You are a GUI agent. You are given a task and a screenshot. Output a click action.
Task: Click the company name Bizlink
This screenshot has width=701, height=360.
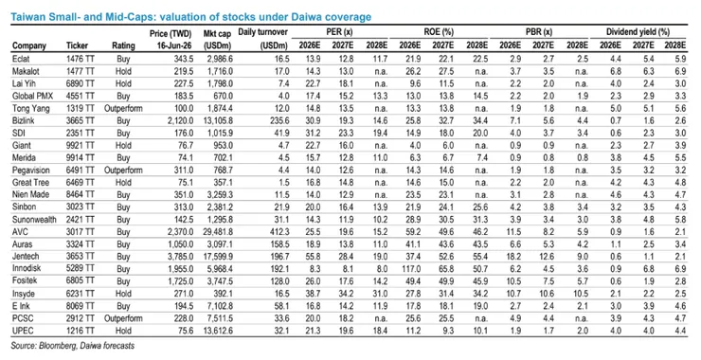click(24, 120)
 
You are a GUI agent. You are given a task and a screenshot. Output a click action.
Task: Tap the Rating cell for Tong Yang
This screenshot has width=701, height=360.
click(123, 109)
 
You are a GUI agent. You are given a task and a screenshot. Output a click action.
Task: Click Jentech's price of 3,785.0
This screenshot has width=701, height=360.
click(180, 256)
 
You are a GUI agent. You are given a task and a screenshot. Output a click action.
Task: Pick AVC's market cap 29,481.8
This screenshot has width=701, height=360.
click(218, 232)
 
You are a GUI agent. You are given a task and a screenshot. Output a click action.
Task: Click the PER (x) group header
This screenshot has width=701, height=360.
click(340, 32)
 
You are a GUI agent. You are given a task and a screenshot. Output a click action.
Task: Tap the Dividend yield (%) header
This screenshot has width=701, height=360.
click(638, 32)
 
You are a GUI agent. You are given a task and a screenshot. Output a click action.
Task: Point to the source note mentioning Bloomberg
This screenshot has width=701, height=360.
click(72, 346)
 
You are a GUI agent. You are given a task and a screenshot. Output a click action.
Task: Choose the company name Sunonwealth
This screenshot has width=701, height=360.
click(34, 219)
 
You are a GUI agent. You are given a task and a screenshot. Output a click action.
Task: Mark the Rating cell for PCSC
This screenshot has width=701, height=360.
click(123, 318)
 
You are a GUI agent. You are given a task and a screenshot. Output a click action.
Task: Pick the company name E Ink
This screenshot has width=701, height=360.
click(22, 306)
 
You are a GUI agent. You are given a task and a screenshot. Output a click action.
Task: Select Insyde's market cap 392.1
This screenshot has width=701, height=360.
click(224, 294)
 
